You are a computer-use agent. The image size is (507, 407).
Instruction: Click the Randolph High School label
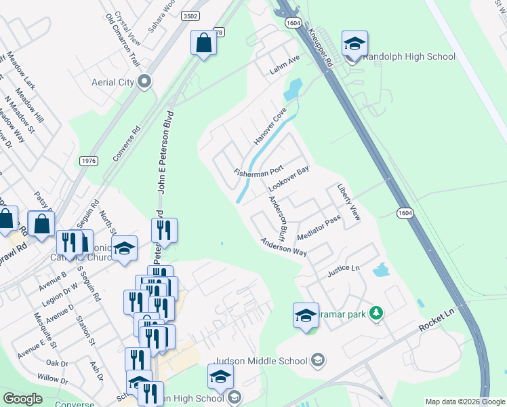click(x=409, y=56)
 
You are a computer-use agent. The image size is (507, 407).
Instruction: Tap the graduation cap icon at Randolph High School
click(x=354, y=44)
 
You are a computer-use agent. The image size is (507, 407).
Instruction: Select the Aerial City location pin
click(x=144, y=82)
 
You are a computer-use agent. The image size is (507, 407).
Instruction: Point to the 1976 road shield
click(x=88, y=161)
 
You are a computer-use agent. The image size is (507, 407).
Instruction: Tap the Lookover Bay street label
click(x=288, y=178)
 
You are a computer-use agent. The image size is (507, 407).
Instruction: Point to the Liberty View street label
click(x=349, y=203)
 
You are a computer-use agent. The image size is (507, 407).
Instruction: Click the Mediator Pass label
click(x=318, y=227)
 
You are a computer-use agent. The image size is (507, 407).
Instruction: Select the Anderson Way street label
click(x=284, y=247)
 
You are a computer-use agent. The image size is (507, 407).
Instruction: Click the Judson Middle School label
click(x=261, y=361)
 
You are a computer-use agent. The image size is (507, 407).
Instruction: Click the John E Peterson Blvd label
click(x=162, y=152)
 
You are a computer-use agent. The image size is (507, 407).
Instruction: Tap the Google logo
click(x=22, y=399)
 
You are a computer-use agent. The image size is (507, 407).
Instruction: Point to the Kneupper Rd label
click(x=319, y=47)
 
